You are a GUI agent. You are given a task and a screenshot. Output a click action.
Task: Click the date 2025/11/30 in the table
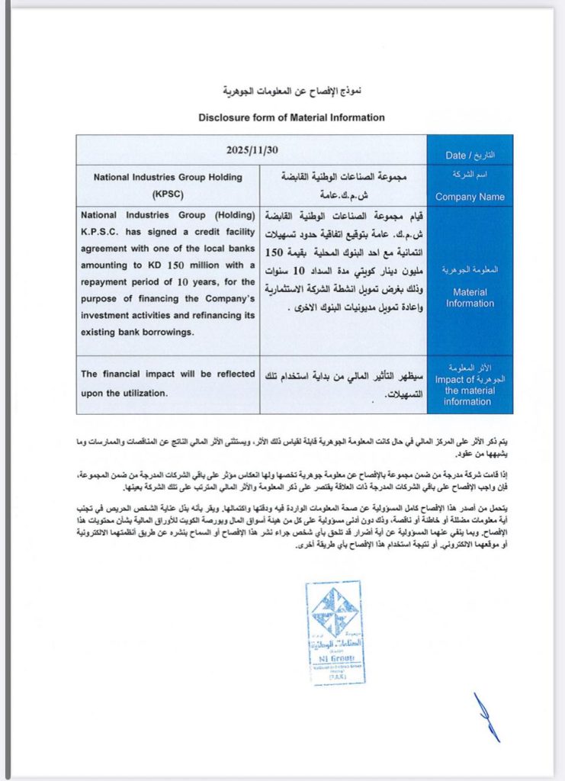click(x=251, y=149)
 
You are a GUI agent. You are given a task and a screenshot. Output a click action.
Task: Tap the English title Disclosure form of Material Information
click(x=291, y=117)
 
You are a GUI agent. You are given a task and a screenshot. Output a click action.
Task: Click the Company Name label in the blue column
click(x=470, y=197)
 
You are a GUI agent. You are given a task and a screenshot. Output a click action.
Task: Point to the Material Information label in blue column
click(x=470, y=297)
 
